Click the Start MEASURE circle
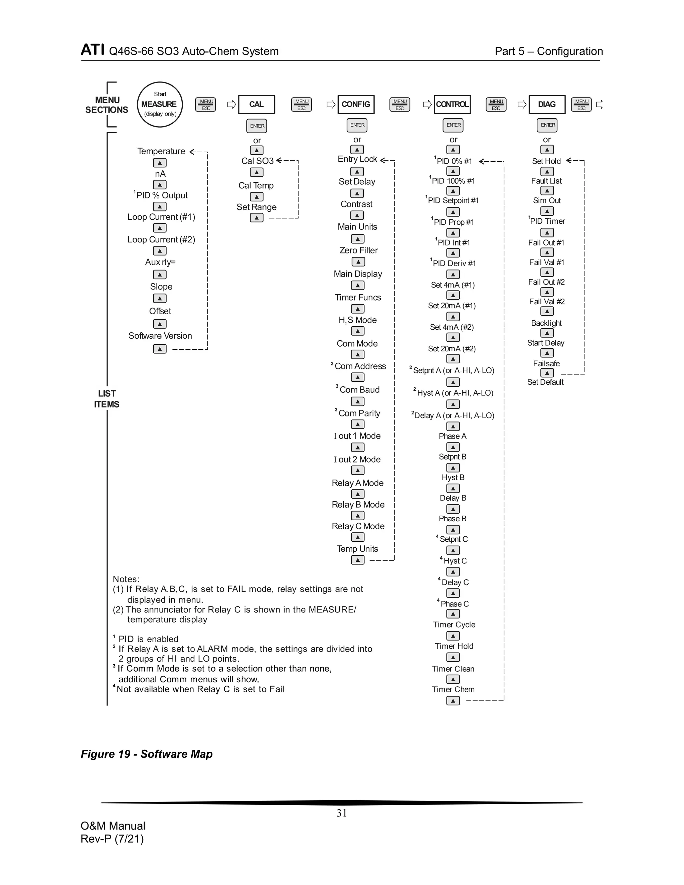pyautogui.click(x=160, y=105)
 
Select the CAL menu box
pyautogui.click(x=256, y=105)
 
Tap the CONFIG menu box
pyautogui.click(x=355, y=105)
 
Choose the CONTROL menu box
pyautogui.click(x=452, y=105)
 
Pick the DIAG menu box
pyautogui.click(x=547, y=105)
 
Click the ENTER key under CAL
pyautogui.click(x=257, y=126)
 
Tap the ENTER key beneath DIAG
pyautogui.click(x=547, y=125)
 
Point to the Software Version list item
pyautogui.click(x=160, y=336)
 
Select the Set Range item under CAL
pyautogui.click(x=256, y=207)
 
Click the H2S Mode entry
pyautogui.click(x=357, y=320)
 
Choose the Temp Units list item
pyautogui.click(x=357, y=549)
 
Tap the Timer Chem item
pyautogui.click(x=453, y=689)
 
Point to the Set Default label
pyautogui.click(x=545, y=382)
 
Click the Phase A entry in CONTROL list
pyautogui.click(x=453, y=436)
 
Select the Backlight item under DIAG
pyautogui.click(x=546, y=323)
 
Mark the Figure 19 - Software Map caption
pyautogui.click(x=147, y=754)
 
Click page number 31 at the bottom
pyautogui.click(x=342, y=813)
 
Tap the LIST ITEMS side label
pyautogui.click(x=107, y=399)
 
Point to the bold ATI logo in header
pyautogui.click(x=93, y=50)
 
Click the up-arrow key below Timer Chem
pyautogui.click(x=453, y=701)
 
